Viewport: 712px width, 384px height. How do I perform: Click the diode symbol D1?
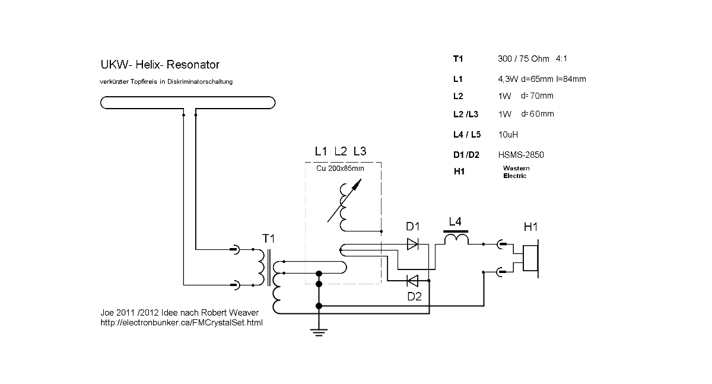pyautogui.click(x=413, y=243)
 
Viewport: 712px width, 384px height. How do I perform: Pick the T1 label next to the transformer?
pyautogui.click(x=269, y=239)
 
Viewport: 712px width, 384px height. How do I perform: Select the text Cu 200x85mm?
pyautogui.click(x=340, y=169)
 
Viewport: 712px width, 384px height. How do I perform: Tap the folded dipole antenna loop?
pyautogui.click(x=188, y=103)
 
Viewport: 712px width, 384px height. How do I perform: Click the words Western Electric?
pyautogui.click(x=516, y=172)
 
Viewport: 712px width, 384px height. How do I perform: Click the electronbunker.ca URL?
pyautogui.click(x=182, y=323)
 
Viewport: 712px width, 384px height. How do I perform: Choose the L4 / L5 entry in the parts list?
pyautogui.click(x=466, y=135)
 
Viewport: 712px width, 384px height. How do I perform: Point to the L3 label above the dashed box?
pyautogui.click(x=360, y=151)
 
